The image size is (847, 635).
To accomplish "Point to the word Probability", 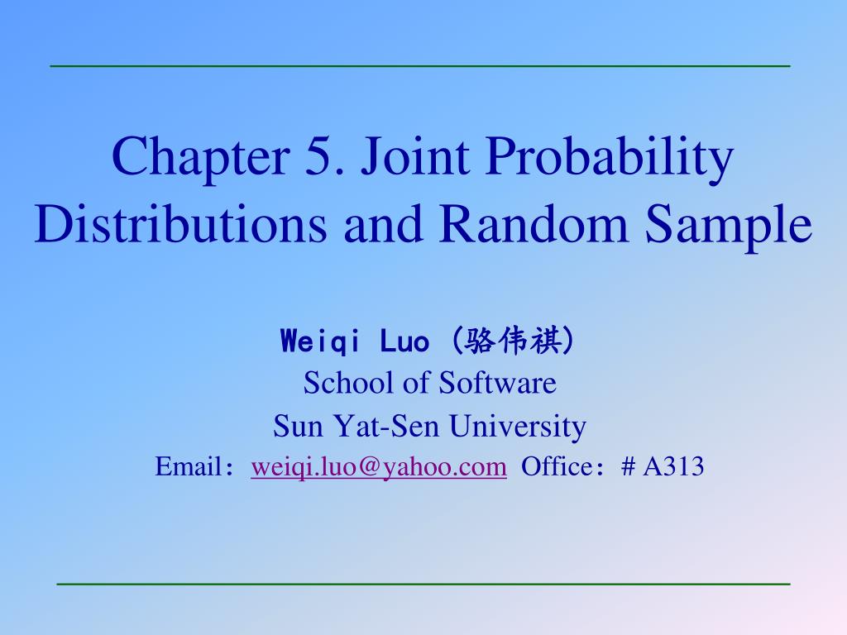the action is tap(610, 158).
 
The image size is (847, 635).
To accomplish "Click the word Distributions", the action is tap(181, 223).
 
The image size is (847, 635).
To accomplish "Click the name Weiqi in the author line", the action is tap(320, 341).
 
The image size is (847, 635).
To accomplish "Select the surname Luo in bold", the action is tap(404, 341).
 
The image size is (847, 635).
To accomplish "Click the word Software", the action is tap(497, 383).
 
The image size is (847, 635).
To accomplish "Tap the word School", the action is tap(350, 383).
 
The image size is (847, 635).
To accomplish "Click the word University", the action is tap(518, 427).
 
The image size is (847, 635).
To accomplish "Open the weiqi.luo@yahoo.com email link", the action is tap(379, 466).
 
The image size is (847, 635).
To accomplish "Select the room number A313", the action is tap(673, 466).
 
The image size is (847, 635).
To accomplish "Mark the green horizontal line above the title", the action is tap(420, 66).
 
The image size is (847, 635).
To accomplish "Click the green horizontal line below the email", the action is tap(423, 584).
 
